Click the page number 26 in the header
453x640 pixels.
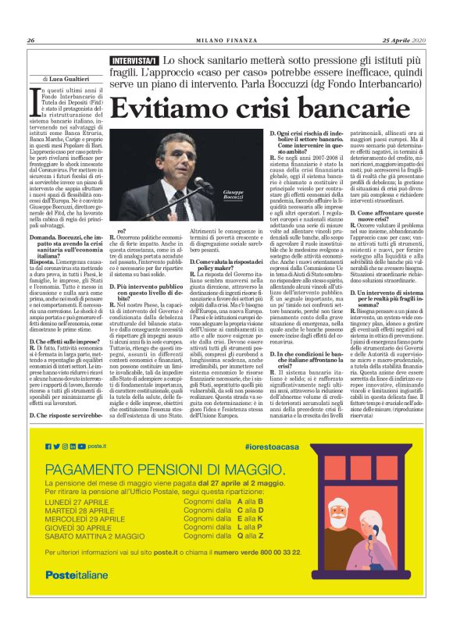(x=31, y=41)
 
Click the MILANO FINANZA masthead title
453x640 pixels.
(x=226, y=41)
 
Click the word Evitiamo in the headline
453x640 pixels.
(x=180, y=107)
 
